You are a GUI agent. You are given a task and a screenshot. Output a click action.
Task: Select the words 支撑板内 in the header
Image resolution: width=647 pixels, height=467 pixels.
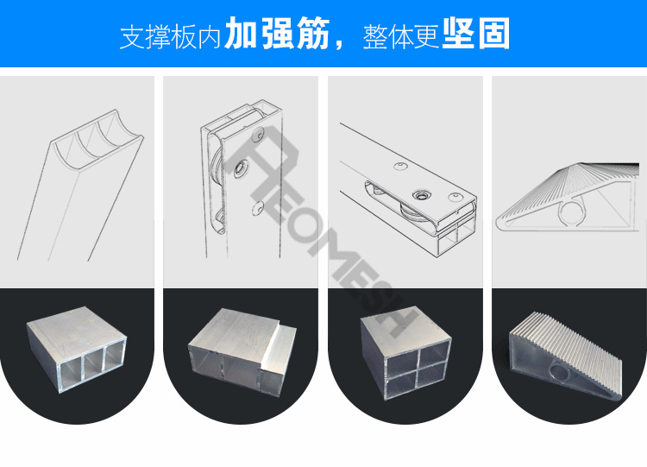click(171, 36)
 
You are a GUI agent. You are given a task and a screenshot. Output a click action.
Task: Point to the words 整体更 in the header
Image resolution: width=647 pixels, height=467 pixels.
click(401, 36)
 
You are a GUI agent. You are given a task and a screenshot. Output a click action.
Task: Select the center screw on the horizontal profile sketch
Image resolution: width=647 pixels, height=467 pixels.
click(422, 195)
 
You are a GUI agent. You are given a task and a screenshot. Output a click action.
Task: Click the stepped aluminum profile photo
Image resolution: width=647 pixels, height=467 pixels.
click(242, 354)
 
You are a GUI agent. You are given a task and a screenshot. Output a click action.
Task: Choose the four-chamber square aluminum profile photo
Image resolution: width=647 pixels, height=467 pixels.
click(405, 354)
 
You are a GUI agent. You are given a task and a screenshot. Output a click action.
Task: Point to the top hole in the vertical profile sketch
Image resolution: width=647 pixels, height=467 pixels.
click(257, 136)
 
